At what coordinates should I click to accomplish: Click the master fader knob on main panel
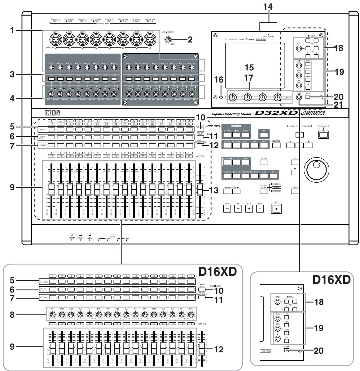point(200,189)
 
